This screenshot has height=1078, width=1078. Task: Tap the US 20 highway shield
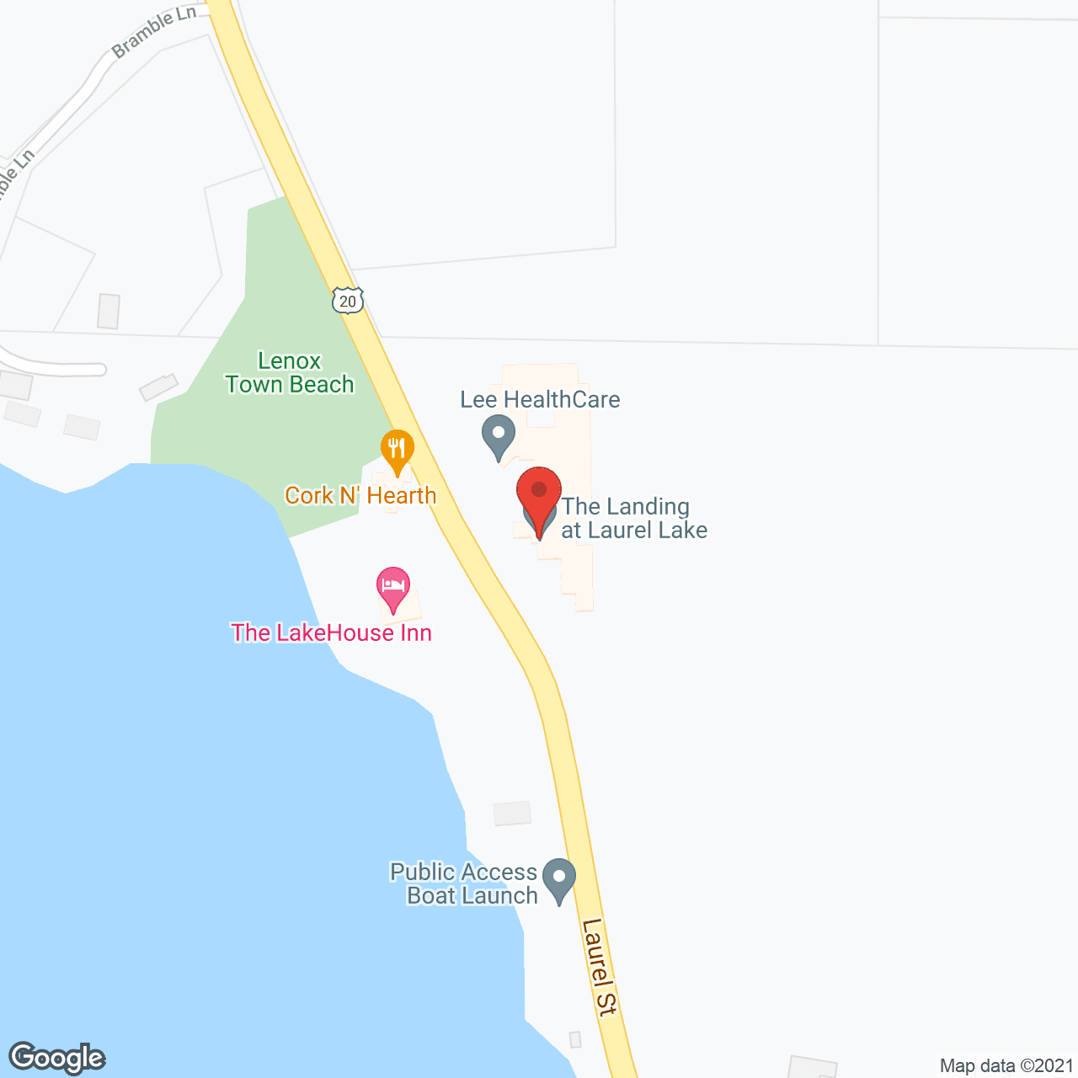[x=347, y=301]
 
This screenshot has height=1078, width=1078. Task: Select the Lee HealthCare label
[x=540, y=399]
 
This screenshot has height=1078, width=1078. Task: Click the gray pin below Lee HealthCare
[x=498, y=437]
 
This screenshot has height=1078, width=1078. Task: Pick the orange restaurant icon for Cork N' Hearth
[x=397, y=450]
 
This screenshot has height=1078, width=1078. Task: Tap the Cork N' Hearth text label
[x=360, y=495]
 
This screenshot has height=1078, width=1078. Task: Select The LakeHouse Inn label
[x=331, y=632]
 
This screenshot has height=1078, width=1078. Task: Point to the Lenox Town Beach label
[x=290, y=372]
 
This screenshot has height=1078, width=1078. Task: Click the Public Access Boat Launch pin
[x=558, y=878]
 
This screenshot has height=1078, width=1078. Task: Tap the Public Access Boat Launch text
[x=464, y=883]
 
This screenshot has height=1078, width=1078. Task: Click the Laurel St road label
[x=600, y=967]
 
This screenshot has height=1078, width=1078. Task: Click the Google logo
[x=56, y=1058]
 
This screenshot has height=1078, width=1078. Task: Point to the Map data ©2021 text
[x=1006, y=1065]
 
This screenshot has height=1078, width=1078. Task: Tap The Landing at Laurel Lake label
[x=634, y=518]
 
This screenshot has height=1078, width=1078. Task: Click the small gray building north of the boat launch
[x=512, y=813]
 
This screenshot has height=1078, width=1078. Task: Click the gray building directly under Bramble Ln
[x=109, y=311]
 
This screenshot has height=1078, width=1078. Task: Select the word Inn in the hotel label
[x=415, y=632]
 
